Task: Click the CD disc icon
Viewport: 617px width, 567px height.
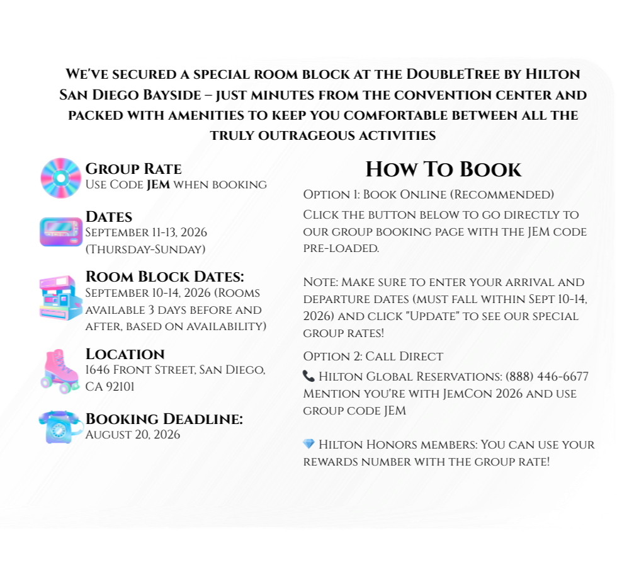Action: pyautogui.click(x=60, y=178)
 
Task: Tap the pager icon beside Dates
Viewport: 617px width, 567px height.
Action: pyautogui.click(x=60, y=231)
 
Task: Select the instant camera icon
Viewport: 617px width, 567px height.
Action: pyautogui.click(x=60, y=297)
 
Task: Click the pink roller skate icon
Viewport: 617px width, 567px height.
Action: pyautogui.click(x=60, y=370)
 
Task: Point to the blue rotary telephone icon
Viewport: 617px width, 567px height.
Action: pyautogui.click(x=60, y=427)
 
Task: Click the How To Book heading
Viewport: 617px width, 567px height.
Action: pyautogui.click(x=443, y=169)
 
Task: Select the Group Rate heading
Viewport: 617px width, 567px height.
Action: pyautogui.click(x=133, y=169)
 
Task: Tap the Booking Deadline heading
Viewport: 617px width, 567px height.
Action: pyautogui.click(x=164, y=419)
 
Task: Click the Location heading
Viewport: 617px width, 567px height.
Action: pyautogui.click(x=125, y=353)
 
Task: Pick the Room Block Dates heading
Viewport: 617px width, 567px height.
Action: pyautogui.click(x=164, y=277)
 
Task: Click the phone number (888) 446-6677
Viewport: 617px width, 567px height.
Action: pyautogui.click(x=547, y=377)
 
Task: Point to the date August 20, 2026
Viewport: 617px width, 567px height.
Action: pyautogui.click(x=132, y=435)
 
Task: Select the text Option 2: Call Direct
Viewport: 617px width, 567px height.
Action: pyautogui.click(x=373, y=357)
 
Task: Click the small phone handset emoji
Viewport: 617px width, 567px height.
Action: pyautogui.click(x=308, y=376)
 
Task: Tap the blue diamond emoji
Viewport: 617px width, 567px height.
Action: pyautogui.click(x=308, y=444)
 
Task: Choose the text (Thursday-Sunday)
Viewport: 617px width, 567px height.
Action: pyautogui.click(x=145, y=249)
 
